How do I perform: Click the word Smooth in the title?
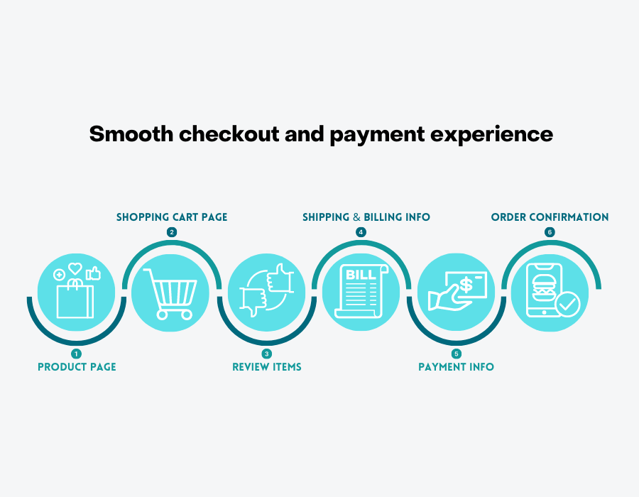click(131, 133)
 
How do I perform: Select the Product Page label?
click(77, 367)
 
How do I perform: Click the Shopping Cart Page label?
click(172, 217)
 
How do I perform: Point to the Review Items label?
click(267, 367)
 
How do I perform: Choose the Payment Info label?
click(456, 367)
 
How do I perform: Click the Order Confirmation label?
click(550, 217)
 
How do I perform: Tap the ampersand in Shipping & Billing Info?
click(356, 217)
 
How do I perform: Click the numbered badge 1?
click(76, 354)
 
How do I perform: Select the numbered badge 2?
click(172, 232)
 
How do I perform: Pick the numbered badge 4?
click(361, 232)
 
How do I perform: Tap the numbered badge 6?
click(550, 232)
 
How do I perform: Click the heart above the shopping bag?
click(75, 268)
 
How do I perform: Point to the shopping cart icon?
click(170, 294)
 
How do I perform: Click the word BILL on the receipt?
click(361, 275)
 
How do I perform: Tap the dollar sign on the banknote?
click(466, 285)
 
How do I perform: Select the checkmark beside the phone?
click(568, 304)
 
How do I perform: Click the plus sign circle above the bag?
click(60, 275)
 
